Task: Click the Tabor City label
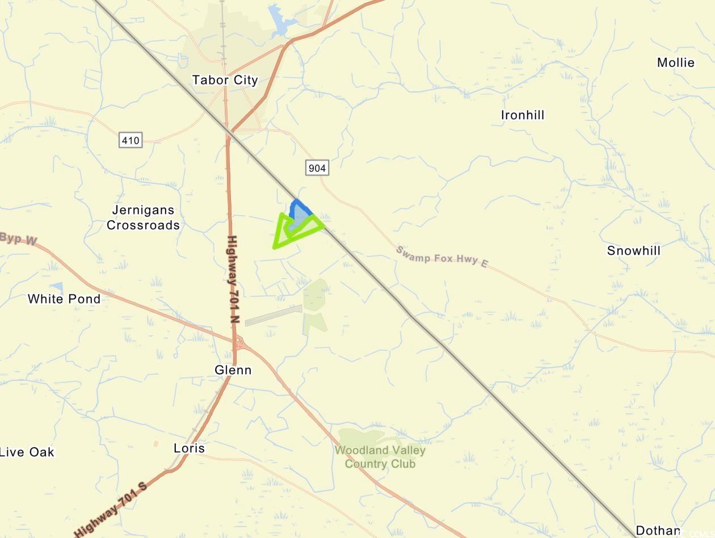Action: coord(225,80)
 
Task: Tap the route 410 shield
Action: coord(130,140)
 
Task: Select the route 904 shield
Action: coord(317,168)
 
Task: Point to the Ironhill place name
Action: coord(522,115)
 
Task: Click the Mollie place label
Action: coord(675,62)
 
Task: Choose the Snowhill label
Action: coord(633,251)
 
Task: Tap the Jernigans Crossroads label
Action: coord(143,218)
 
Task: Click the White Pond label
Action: coord(64,299)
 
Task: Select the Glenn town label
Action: coord(233,370)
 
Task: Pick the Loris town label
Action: coord(189,448)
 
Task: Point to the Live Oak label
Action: coord(27,452)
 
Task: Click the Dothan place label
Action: coord(657,531)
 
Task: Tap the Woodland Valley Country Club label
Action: coord(380,457)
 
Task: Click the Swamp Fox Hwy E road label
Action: coord(441,257)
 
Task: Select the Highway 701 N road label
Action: coord(233,279)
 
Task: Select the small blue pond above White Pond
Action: coord(56,287)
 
